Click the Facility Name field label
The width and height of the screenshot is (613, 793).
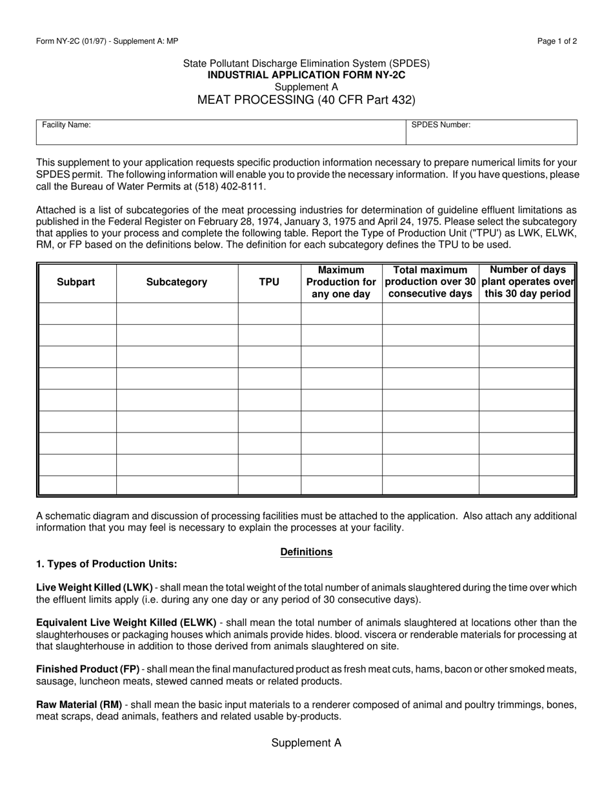pyautogui.click(x=66, y=125)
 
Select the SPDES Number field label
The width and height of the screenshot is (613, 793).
pyautogui.click(x=441, y=125)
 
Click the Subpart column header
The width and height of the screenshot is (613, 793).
pyautogui.click(x=76, y=282)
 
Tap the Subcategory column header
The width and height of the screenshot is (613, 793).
pyautogui.click(x=177, y=282)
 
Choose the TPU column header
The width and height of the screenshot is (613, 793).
pyautogui.click(x=269, y=282)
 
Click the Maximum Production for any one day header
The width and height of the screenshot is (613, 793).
pyautogui.click(x=341, y=282)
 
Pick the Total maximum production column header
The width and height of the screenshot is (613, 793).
pyautogui.click(x=430, y=282)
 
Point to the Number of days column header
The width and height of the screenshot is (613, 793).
pyautogui.click(x=528, y=282)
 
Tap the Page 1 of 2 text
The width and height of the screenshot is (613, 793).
pyautogui.click(x=557, y=41)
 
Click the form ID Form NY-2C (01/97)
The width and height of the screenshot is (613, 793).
pyautogui.click(x=73, y=41)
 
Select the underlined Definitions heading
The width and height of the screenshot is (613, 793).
pyautogui.click(x=306, y=552)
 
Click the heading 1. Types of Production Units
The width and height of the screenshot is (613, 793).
pyautogui.click(x=106, y=564)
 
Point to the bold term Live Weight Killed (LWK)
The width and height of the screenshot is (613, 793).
pyautogui.click(x=94, y=587)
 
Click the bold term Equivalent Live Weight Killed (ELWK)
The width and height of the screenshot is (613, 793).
pyautogui.click(x=126, y=622)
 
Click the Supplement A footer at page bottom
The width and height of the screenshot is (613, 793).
pyautogui.click(x=306, y=743)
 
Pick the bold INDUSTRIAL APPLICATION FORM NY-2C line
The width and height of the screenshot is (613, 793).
pyautogui.click(x=306, y=75)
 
